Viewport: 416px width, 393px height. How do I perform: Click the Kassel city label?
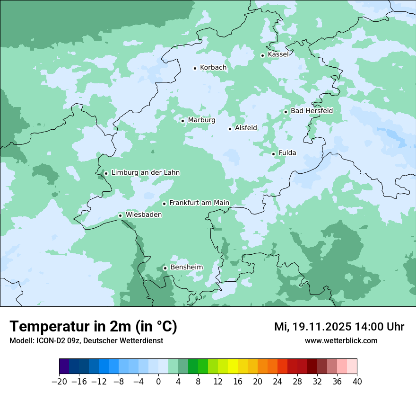pyautogui.click(x=278, y=54)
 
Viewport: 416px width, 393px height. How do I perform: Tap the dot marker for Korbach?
pyautogui.click(x=195, y=68)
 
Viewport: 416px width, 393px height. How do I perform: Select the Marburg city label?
pyautogui.click(x=201, y=120)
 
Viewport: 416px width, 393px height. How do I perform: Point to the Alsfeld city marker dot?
pyautogui.click(x=230, y=129)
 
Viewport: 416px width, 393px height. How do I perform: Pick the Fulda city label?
pyautogui.click(x=287, y=153)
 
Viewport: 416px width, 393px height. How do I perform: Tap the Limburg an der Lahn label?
pyautogui.click(x=145, y=173)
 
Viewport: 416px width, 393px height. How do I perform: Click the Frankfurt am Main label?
pyautogui.click(x=199, y=203)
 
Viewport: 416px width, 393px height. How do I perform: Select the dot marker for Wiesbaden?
pyautogui.click(x=120, y=216)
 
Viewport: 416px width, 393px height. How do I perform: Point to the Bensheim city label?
pyautogui.click(x=186, y=268)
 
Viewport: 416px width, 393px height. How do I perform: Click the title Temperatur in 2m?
pyautogui.click(x=93, y=326)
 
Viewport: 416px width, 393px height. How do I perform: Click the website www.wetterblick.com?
pyautogui.click(x=341, y=340)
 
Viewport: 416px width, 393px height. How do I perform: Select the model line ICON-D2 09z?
pyautogui.click(x=86, y=340)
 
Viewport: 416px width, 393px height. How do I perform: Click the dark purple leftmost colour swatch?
pyautogui.click(x=64, y=366)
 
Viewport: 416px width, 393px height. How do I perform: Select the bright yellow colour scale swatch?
pyautogui.click(x=233, y=366)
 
